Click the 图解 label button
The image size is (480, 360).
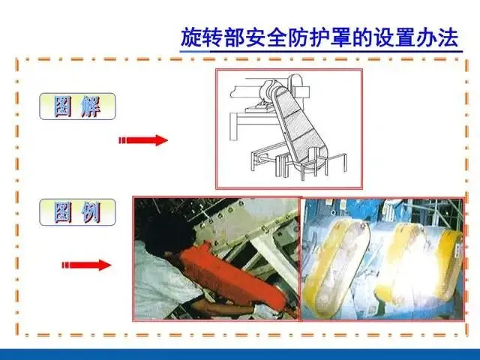click(77, 106)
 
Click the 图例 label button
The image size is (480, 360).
click(77, 212)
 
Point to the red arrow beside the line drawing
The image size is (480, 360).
click(143, 140)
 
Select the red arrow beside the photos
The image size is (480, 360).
click(86, 265)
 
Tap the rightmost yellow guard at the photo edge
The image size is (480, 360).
click(452, 260)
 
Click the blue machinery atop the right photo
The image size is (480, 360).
click(382, 211)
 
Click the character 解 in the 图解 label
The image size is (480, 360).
click(91, 106)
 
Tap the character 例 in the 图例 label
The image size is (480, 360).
click(91, 213)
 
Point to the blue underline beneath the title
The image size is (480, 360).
click(321, 52)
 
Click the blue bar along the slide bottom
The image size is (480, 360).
click(240, 354)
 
